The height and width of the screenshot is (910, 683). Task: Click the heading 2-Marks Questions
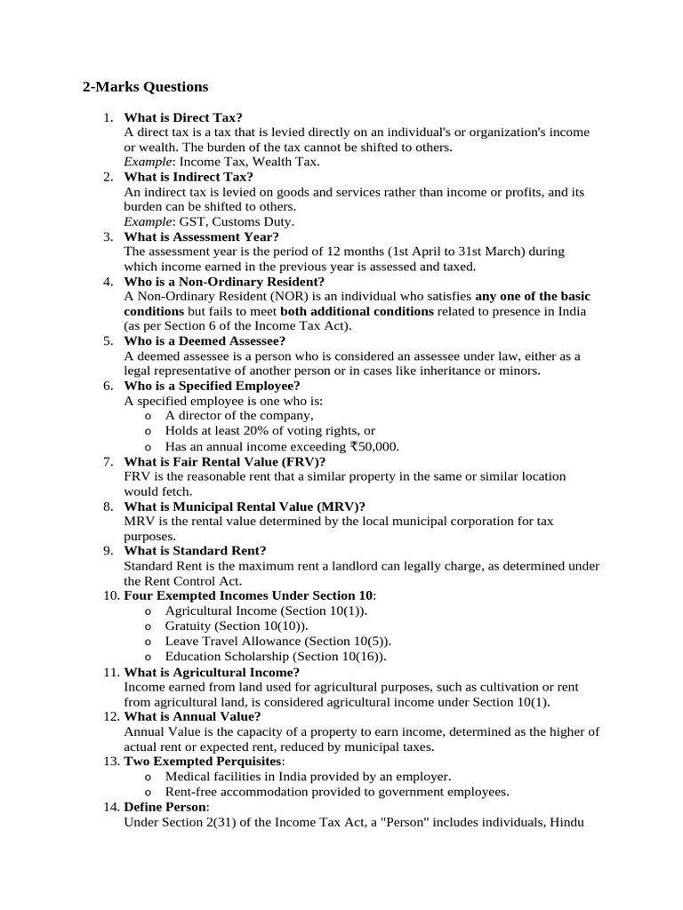(145, 86)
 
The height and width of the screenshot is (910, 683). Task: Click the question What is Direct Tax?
(183, 117)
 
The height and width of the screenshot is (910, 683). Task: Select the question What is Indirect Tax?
(189, 177)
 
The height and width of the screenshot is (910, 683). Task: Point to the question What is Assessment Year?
(201, 236)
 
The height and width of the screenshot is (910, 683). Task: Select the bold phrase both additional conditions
(357, 311)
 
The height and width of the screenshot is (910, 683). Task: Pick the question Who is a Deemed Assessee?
(205, 340)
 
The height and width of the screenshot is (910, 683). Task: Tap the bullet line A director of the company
(238, 415)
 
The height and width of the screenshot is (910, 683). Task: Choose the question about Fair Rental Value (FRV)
(225, 461)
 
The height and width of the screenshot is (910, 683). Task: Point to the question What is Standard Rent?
(195, 550)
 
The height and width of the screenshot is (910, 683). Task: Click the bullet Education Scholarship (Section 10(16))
(276, 656)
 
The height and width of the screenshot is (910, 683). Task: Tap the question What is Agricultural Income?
(212, 672)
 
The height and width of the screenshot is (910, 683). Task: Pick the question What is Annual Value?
(192, 716)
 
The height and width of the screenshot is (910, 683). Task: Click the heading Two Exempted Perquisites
(204, 762)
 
